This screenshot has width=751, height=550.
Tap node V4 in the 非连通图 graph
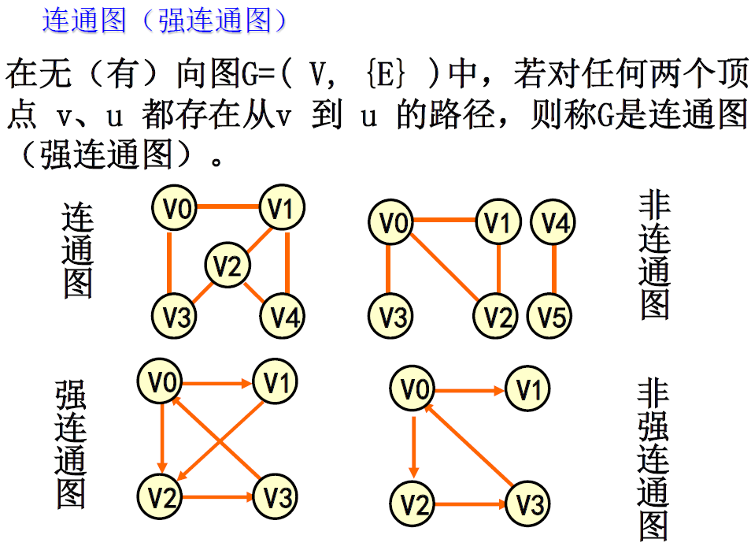(554, 224)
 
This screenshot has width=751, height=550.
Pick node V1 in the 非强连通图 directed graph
(527, 389)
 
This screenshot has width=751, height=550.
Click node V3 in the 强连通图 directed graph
(276, 497)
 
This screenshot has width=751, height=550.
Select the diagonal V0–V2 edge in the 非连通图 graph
(445, 268)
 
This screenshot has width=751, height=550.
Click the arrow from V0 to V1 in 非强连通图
(471, 390)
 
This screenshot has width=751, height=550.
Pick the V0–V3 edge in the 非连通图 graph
(389, 270)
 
